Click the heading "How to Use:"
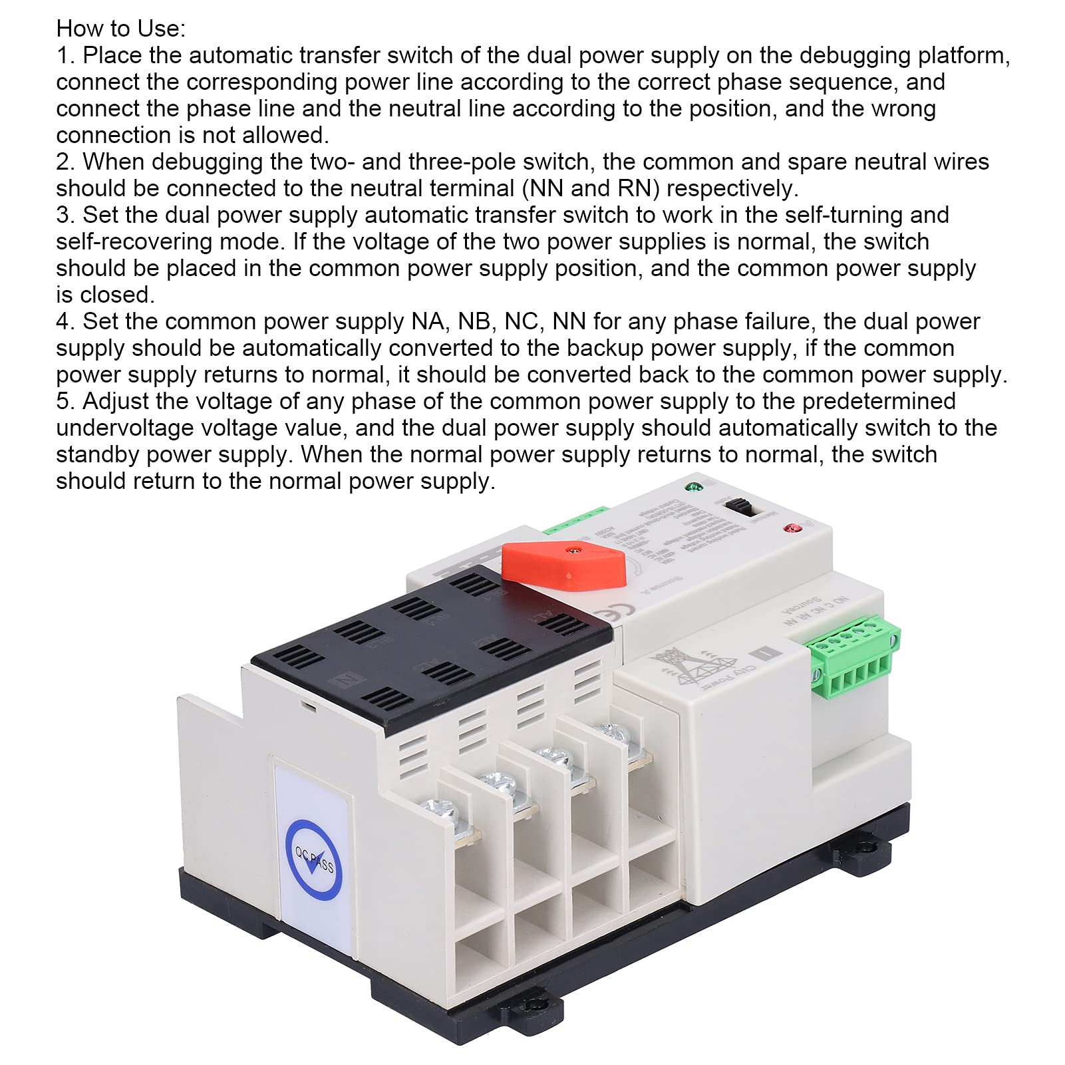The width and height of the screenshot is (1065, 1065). point(120,29)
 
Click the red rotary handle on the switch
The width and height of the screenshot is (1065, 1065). point(564,565)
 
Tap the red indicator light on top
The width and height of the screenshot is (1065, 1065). point(792,529)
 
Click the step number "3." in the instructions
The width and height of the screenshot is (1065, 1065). point(66,215)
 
